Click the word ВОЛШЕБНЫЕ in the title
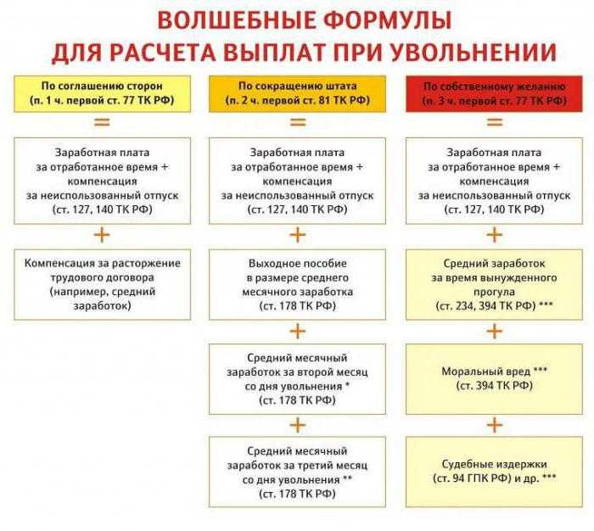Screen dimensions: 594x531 click(237, 20)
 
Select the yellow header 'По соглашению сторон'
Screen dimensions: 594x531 click(103, 93)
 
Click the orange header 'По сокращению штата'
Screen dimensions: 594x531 click(297, 93)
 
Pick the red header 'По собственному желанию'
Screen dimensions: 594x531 click(494, 93)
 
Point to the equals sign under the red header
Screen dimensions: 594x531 click(495, 122)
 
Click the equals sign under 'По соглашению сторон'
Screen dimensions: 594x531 click(103, 122)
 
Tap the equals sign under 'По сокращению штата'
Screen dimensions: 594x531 click(298, 122)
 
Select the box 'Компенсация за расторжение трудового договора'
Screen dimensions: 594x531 click(103, 284)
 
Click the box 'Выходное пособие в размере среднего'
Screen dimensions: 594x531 click(297, 284)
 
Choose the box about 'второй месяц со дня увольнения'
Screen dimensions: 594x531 click(297, 379)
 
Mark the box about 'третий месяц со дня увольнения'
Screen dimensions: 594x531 click(297, 472)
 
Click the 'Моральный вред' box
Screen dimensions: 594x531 click(494, 379)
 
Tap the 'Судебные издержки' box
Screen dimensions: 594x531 click(494, 472)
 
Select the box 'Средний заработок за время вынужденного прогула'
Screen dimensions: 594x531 click(494, 284)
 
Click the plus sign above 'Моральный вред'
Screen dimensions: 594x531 click(495, 332)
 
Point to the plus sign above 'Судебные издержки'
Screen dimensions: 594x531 click(495, 425)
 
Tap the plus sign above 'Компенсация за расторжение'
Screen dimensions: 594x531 click(103, 235)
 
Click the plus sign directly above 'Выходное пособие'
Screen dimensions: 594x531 click(298, 235)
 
